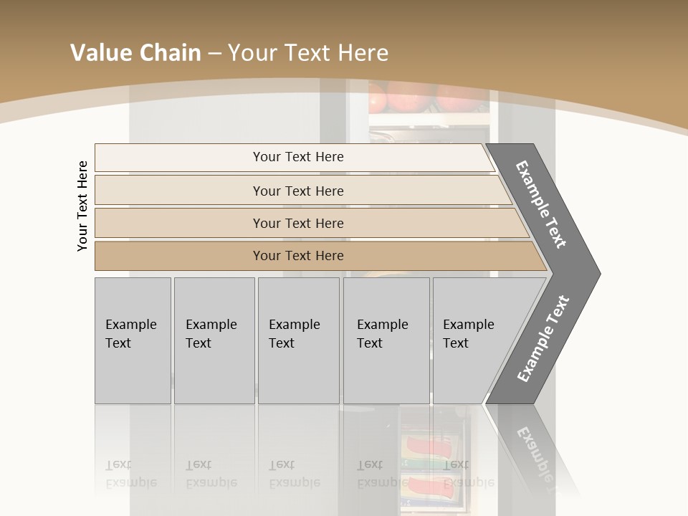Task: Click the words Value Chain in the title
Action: tap(135, 53)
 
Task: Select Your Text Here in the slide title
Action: tap(308, 53)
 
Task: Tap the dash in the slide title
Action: tap(214, 54)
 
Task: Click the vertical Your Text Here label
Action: tap(82, 206)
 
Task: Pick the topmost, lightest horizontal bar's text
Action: tap(298, 157)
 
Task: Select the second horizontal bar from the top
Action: tap(298, 191)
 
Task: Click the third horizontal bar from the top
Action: tap(298, 223)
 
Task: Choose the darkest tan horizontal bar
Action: tap(298, 256)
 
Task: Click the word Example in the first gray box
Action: tap(130, 325)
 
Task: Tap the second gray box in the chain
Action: tap(214, 340)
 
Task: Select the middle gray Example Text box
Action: tap(298, 340)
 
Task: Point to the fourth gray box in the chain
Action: tap(386, 340)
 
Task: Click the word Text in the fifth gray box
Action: tap(456, 343)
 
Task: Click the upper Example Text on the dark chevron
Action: tap(541, 204)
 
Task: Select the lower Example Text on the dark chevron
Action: tap(543, 338)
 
